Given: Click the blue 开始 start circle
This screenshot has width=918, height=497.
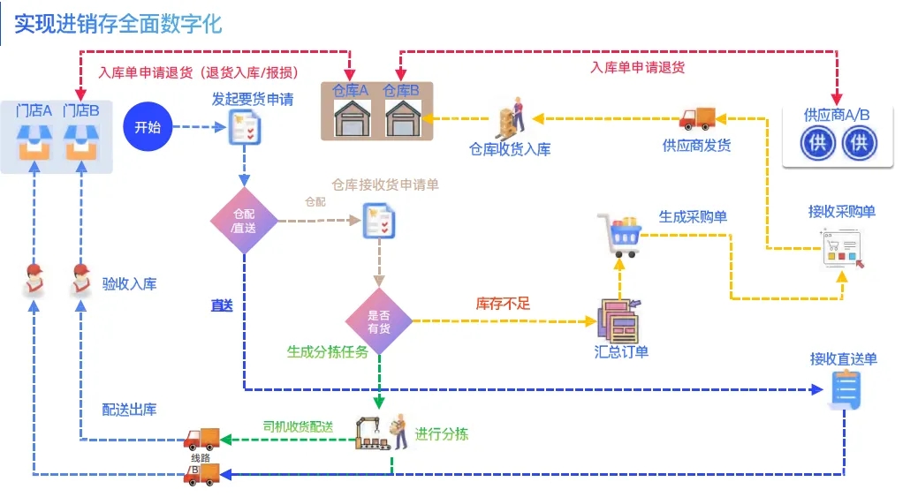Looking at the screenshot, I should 147,127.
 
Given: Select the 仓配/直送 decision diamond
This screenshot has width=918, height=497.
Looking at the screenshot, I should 244,221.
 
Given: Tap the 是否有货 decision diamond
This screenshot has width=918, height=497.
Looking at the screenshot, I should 379,321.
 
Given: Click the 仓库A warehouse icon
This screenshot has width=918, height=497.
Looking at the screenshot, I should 351,116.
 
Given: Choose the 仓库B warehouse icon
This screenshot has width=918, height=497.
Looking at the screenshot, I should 402,116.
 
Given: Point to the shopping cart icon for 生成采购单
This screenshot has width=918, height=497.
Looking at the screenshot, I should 620,235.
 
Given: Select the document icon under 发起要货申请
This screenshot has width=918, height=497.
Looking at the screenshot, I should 244,128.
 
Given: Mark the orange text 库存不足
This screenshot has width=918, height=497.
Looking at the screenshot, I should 503,304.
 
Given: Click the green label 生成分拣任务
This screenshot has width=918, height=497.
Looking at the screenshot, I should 327,351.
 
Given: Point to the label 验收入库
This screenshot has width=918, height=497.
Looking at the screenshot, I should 129,283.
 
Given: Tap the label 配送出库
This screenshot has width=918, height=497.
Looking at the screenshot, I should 129,410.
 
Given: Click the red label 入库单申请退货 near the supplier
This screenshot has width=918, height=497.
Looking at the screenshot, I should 637,67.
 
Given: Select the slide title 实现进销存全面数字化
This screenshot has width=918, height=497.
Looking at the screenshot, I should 118,24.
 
